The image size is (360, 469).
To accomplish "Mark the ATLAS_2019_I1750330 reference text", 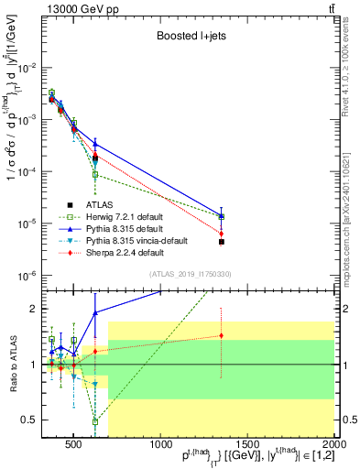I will click(191, 274).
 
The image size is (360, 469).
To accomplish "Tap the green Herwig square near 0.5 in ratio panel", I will click(95, 421).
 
